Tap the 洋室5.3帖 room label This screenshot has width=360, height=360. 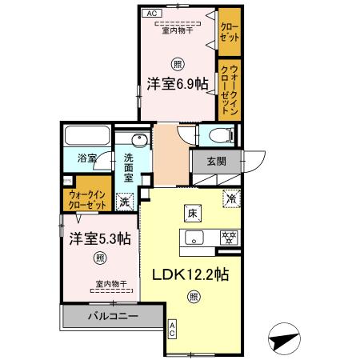[x=99, y=238]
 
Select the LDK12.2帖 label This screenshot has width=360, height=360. [x=191, y=274]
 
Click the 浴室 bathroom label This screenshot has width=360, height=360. [x=86, y=158]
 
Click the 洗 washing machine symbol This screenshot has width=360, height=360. [x=124, y=202]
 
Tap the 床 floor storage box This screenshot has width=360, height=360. [x=193, y=214]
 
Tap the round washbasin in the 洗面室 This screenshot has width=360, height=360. [x=139, y=142]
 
